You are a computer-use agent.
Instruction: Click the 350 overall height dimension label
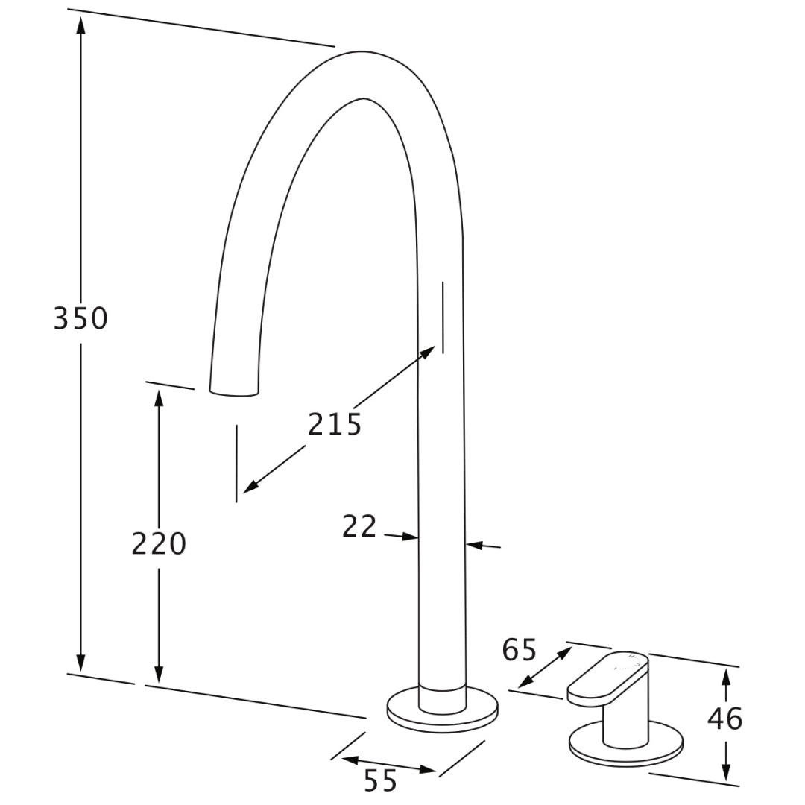coord(80,318)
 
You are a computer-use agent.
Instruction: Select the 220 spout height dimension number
coord(159,543)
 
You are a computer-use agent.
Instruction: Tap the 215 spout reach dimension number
coord(335,424)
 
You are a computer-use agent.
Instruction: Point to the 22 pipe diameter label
coord(359,526)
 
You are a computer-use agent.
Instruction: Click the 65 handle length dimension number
coord(519,649)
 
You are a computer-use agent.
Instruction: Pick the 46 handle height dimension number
coord(725,719)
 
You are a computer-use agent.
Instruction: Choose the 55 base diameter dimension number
coord(380,780)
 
